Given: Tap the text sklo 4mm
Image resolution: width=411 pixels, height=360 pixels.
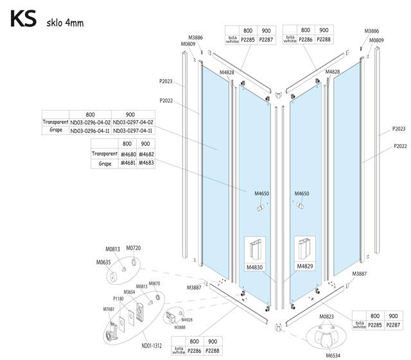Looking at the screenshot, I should click(x=66, y=24).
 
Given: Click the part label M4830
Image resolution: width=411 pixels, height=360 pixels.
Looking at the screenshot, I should click(x=254, y=267).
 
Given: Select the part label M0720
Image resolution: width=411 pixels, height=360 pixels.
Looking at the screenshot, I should click(x=133, y=248).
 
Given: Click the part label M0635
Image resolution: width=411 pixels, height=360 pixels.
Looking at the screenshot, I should click(x=103, y=262).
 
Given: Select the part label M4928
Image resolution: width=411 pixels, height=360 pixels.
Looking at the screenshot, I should click(x=187, y=319).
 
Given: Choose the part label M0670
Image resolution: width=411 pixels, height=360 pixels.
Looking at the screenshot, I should click(x=154, y=283).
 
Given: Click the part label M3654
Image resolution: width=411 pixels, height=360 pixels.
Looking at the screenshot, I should click(x=129, y=292).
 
